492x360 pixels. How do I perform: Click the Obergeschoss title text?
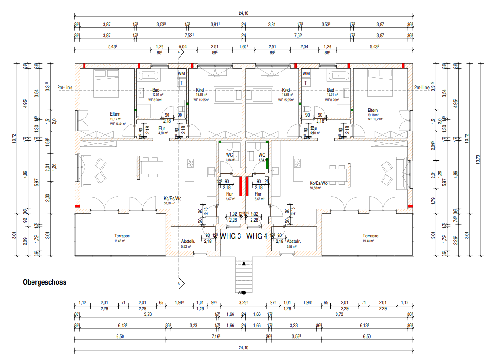45,282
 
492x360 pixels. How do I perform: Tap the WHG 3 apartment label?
231,236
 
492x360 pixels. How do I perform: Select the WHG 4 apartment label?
257,236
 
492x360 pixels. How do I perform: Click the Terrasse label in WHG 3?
122,236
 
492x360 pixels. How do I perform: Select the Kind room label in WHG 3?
200,90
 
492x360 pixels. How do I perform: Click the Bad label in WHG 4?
330,90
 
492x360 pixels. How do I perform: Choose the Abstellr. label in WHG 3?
188,242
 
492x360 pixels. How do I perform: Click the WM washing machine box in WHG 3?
181,74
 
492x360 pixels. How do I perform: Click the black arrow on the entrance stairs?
244,263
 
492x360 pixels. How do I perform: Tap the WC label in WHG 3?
229,155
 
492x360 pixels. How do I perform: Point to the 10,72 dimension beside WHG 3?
14,138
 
